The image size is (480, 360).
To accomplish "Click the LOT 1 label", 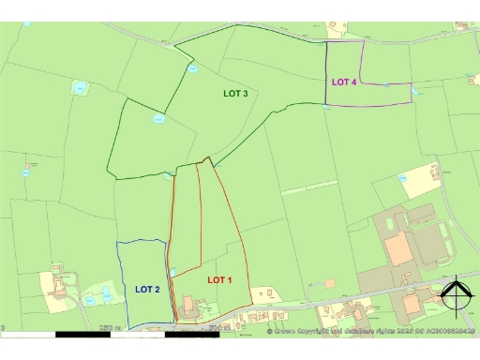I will (x=218, y=280).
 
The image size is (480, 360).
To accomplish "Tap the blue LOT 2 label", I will (x=147, y=289).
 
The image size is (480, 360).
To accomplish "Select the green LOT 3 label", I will (x=235, y=94).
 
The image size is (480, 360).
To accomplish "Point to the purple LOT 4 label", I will (x=344, y=82).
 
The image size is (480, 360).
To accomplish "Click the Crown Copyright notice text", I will (x=371, y=331).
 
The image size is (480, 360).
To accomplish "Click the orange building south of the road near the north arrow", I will (x=412, y=306).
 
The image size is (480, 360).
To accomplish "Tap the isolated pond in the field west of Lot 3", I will (x=80, y=88).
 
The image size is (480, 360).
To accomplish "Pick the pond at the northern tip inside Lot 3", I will (x=192, y=68).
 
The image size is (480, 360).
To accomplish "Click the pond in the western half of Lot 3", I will (x=157, y=118).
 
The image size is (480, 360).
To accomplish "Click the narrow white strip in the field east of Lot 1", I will (x=309, y=186).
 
